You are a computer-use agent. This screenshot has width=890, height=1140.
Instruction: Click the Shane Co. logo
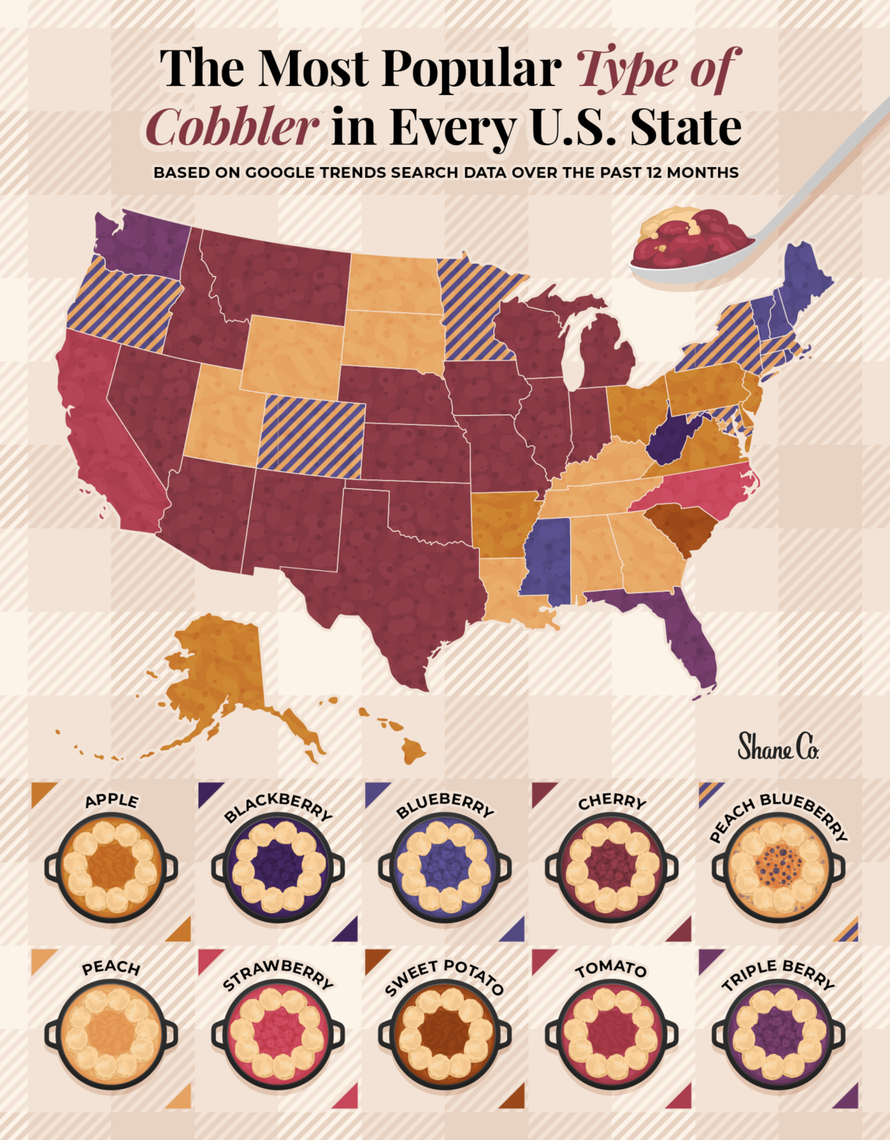[x=777, y=746]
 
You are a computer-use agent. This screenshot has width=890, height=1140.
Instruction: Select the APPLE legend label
[x=112, y=801]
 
